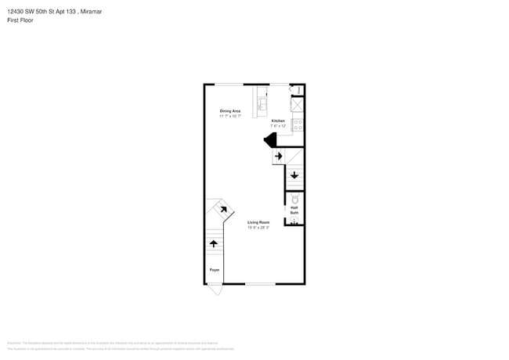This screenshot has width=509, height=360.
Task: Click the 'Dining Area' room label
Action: coord(229,111)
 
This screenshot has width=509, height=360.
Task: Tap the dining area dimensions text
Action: coord(229,116)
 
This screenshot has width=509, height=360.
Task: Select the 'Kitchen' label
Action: coord(278,121)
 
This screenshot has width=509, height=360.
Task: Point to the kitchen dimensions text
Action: coord(278,125)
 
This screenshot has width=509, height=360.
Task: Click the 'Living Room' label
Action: coord(258,222)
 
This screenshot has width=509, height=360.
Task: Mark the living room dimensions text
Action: coord(258,228)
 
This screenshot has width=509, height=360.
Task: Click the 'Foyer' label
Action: coord(214,270)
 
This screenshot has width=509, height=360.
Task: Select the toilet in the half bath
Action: coord(295,200)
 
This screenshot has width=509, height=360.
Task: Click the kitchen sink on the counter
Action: coord(262,103)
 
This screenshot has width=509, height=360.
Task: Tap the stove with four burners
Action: coord(298,123)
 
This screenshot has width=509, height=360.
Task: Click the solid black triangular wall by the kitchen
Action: coord(270,140)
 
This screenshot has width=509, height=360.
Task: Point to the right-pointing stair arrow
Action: coord(278,156)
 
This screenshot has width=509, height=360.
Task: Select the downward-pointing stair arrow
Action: coord(294,175)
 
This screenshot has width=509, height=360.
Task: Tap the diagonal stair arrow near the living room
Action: coord(223,209)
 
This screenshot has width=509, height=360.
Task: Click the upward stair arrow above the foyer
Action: coord(214,244)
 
